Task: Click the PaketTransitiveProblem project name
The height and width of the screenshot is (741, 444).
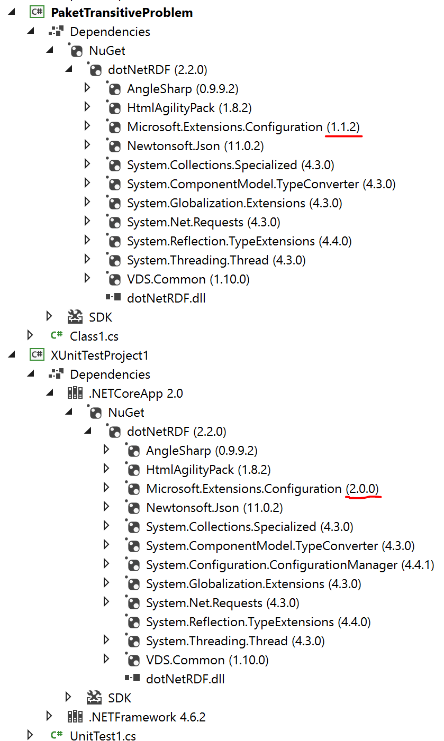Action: click(x=122, y=13)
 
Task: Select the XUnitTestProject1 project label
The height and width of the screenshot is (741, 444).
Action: click(x=100, y=355)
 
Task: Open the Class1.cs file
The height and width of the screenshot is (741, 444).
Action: click(x=94, y=336)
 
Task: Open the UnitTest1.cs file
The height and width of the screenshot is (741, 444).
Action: click(x=103, y=736)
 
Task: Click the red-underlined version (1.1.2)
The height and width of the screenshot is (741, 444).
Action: click(x=345, y=127)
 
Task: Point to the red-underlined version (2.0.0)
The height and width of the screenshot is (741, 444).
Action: click(x=363, y=489)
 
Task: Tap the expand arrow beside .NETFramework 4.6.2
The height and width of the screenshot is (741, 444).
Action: click(x=49, y=716)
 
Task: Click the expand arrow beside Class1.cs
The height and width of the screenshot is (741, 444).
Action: click(x=30, y=335)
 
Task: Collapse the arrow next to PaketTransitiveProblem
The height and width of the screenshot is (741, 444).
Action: click(x=12, y=12)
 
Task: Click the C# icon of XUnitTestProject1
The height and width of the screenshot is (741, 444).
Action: click(x=37, y=355)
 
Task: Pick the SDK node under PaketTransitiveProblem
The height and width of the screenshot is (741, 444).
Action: click(x=101, y=317)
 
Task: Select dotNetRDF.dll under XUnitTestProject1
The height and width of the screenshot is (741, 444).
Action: click(x=185, y=679)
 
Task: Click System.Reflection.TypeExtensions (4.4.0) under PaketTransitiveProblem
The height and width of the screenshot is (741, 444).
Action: click(x=239, y=241)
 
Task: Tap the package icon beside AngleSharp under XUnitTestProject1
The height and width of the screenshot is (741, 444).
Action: click(x=133, y=450)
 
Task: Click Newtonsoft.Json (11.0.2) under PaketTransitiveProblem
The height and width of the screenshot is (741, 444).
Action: click(x=195, y=146)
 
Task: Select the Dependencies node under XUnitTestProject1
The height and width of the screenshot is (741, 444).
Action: click(x=110, y=374)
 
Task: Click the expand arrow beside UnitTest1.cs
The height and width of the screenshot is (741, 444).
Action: click(x=30, y=735)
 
